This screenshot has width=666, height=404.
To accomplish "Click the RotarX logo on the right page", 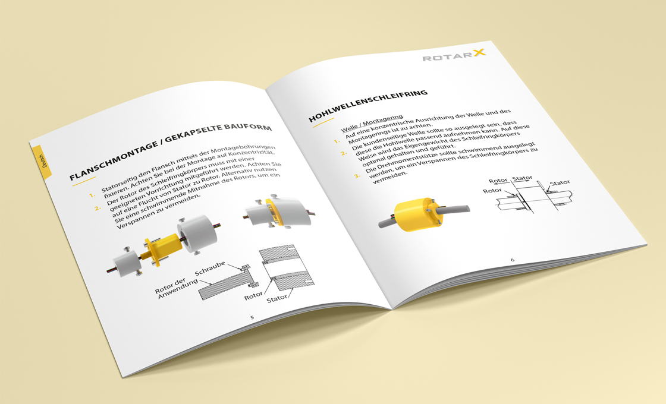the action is tap(454, 55).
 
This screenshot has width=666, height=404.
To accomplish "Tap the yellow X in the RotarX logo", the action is tap(479, 52).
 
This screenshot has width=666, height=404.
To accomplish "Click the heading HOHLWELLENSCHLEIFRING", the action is tap(368, 106).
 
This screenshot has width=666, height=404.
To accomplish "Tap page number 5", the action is tap(252, 317).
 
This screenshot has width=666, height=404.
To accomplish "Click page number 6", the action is tap(512, 260).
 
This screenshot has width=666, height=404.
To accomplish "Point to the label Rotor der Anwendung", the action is tap(177, 288).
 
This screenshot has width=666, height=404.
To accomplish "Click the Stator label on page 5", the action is tap(277, 299).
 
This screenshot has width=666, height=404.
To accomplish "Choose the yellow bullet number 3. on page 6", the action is tap(357, 175).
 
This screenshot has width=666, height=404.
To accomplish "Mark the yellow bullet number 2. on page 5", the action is tap(98, 209).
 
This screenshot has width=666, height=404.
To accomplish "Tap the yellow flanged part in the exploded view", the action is tap(159, 249).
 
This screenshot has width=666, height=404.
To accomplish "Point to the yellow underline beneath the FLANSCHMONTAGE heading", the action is tap(85, 181).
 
